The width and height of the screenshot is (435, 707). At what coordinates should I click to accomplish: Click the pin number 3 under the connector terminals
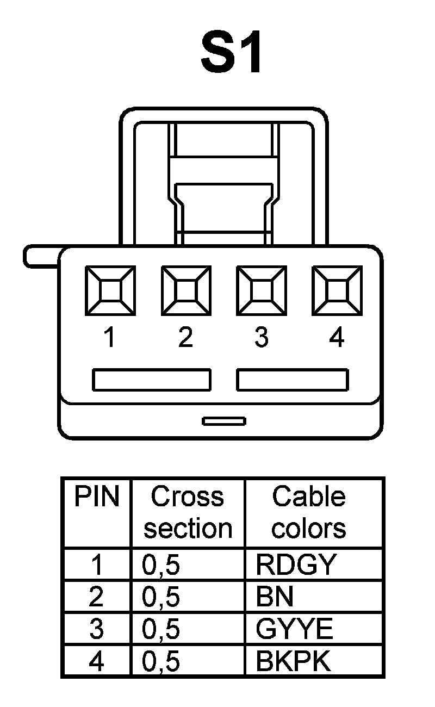pyautogui.click(x=262, y=338)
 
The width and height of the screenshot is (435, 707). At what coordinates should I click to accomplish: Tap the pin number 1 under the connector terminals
pyautogui.click(x=110, y=338)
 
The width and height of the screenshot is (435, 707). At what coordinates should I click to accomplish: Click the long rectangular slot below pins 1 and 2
pyautogui.click(x=151, y=380)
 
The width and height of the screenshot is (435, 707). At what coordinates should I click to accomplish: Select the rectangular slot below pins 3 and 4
pyautogui.click(x=293, y=380)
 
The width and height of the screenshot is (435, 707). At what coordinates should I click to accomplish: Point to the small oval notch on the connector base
pyautogui.click(x=224, y=420)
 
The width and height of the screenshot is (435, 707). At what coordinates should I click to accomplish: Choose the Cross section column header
pyautogui.click(x=188, y=512)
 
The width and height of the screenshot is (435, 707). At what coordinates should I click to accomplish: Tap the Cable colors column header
pyautogui.click(x=309, y=512)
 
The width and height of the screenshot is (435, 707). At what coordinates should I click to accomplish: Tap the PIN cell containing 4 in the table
pyautogui.click(x=96, y=661)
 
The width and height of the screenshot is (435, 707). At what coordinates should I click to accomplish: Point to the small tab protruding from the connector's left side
pyautogui.click(x=41, y=256)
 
